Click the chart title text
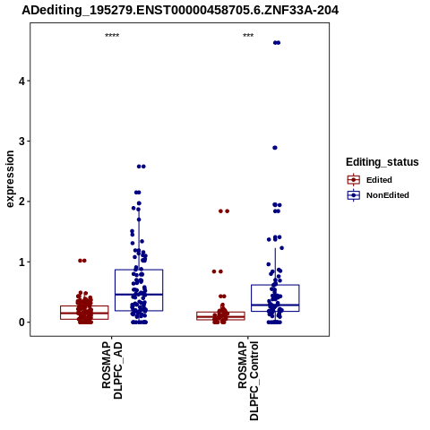click(x=180, y=11)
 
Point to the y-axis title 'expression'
click(x=10, y=179)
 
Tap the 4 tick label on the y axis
click(x=21, y=81)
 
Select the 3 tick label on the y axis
click(x=21, y=142)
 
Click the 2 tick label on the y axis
click(x=21, y=202)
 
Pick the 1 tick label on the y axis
click(x=21, y=262)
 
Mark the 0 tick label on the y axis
click(x=21, y=322)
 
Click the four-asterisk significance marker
click(x=112, y=36)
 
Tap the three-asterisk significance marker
click(x=248, y=36)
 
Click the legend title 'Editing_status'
click(x=383, y=162)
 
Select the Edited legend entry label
click(x=379, y=180)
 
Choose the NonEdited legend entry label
click(x=388, y=195)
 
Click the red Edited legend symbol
click(x=354, y=180)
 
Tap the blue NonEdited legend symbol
click(x=354, y=195)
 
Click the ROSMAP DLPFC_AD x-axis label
click(x=112, y=371)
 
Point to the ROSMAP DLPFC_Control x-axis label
click(x=248, y=381)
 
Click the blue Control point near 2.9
click(x=275, y=148)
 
